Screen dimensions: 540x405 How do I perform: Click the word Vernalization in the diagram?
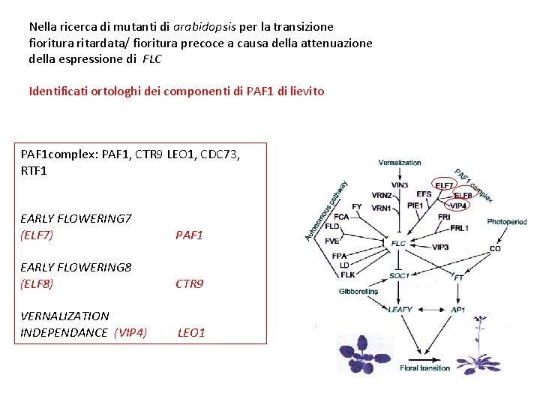tap(399, 162)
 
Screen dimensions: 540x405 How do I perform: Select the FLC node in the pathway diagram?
tap(398, 244)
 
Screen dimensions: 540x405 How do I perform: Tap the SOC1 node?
tap(399, 275)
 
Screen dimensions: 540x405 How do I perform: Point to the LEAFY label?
tap(400, 309)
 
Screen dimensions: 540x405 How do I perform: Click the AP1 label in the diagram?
tap(458, 309)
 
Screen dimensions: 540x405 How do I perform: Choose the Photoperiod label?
tap(506, 222)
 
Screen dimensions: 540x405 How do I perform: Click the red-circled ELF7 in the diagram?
tap(443, 185)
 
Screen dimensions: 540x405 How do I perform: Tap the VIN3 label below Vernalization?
tap(400, 185)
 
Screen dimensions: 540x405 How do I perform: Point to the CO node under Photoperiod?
tap(495, 248)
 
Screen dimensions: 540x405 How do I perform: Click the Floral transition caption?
tap(425, 368)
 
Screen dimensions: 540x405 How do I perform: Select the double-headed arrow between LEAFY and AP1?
tap(430, 309)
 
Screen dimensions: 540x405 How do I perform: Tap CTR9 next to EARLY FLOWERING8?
tap(189, 283)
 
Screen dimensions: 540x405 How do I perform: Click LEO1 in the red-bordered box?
tap(191, 332)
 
